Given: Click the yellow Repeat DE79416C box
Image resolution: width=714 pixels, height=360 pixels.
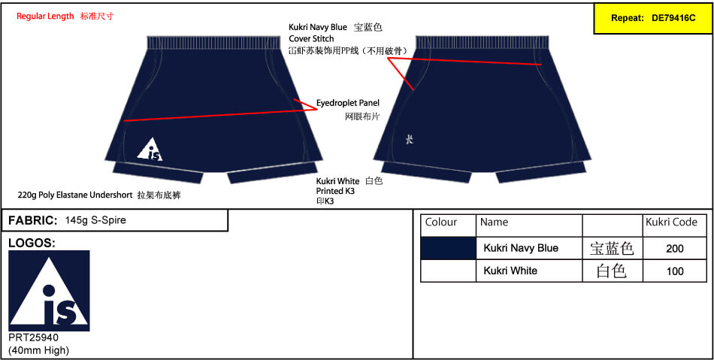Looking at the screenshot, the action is [x=653, y=18].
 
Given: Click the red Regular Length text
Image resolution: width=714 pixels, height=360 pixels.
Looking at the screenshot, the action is [x=45, y=17].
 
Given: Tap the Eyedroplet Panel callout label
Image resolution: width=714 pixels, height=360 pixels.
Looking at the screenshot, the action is [x=348, y=103].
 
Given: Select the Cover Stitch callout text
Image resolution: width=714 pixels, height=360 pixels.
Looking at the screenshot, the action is [x=311, y=38].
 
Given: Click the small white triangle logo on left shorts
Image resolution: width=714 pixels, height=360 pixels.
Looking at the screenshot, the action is [x=150, y=149].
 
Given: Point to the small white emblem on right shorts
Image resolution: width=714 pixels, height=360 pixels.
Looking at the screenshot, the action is [x=410, y=140].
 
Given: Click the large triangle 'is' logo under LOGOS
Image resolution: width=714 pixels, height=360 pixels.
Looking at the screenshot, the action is [x=49, y=290].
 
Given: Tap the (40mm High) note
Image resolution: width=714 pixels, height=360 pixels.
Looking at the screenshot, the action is [x=38, y=350].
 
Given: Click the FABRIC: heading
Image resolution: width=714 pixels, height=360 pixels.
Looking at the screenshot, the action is [x=33, y=221].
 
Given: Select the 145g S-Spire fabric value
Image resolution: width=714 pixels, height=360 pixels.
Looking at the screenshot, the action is [x=95, y=221].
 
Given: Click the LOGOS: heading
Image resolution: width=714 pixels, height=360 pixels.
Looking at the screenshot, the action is [x=32, y=244].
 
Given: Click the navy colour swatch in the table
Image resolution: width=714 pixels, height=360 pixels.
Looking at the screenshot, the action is [x=448, y=249].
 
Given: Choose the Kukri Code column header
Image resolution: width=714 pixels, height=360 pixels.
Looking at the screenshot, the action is [x=671, y=222].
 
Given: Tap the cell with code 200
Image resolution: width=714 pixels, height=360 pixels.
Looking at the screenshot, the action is [x=674, y=249].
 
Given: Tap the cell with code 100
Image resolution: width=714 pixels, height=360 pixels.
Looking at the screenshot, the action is [x=674, y=271].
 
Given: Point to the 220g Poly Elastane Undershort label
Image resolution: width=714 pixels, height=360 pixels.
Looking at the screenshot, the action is [x=76, y=195].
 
